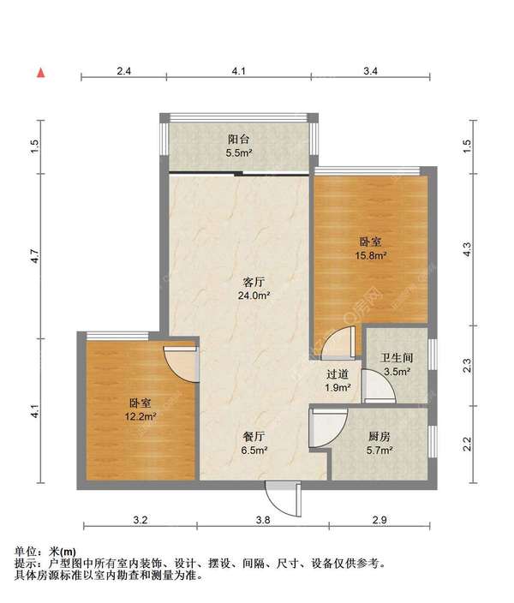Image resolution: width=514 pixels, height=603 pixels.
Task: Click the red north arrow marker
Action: [x=41, y=73]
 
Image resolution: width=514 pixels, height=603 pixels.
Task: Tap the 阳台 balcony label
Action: [x=238, y=140]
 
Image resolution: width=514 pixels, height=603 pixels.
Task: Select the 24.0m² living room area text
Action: [x=254, y=296]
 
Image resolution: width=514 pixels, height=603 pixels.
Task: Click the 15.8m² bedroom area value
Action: [x=370, y=255]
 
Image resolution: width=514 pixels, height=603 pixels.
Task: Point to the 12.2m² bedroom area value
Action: [x=140, y=416]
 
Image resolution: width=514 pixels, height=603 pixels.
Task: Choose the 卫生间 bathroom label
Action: [x=397, y=358]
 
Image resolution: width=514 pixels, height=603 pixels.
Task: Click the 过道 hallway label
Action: [x=338, y=374]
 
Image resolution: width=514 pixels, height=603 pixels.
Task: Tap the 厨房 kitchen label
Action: [x=380, y=437]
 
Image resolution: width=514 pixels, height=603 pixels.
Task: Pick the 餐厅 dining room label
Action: [x=254, y=437]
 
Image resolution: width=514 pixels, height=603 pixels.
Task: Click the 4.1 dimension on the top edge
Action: [x=238, y=71]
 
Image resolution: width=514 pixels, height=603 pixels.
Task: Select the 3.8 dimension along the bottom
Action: [x=263, y=520]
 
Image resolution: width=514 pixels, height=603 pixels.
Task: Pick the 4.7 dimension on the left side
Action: [x=35, y=256]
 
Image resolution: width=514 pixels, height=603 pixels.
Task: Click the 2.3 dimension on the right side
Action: [x=467, y=366]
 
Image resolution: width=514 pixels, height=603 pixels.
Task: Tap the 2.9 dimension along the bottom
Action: [x=380, y=520]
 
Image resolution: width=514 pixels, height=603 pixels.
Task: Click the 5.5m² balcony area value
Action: [x=238, y=153]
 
